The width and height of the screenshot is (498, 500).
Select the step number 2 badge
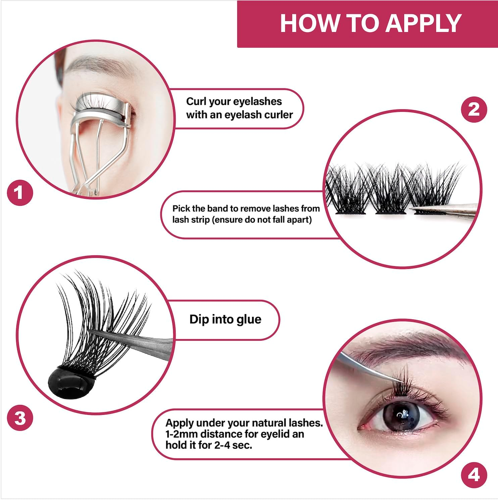(474, 109)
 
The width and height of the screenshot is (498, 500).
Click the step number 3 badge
(20, 418)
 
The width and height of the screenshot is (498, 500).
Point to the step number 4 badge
(474, 475)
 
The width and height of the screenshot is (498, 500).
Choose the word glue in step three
(248, 319)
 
